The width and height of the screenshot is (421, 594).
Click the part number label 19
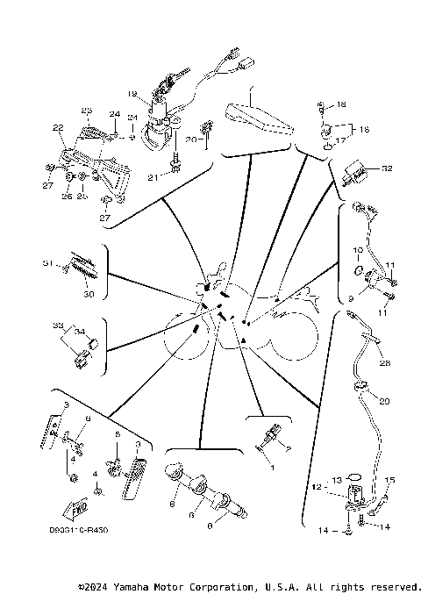(132, 93)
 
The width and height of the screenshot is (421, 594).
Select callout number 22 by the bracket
(58, 128)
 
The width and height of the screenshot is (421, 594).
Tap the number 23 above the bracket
(86, 110)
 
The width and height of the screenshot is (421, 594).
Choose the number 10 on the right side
(358, 250)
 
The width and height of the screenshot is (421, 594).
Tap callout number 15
(391, 480)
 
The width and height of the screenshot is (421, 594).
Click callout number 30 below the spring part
(88, 295)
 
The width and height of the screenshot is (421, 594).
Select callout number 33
(58, 325)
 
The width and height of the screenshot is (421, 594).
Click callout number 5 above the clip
(117, 434)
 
